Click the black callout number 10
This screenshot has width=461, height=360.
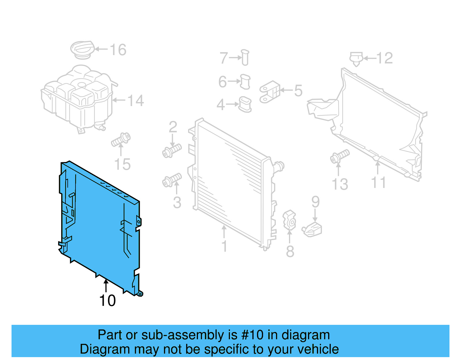pyautogui.click(x=107, y=301)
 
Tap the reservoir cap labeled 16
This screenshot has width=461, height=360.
pyautogui.click(x=83, y=50)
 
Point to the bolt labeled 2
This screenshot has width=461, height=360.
pyautogui.click(x=172, y=150)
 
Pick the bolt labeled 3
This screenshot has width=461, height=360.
pyautogui.click(x=172, y=180)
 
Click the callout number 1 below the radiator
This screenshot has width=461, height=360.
pyautogui.click(x=224, y=246)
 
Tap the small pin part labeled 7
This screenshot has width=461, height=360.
pyautogui.click(x=245, y=57)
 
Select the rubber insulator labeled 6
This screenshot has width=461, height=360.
pyautogui.click(x=245, y=82)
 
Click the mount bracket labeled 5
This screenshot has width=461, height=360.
pyautogui.click(x=270, y=92)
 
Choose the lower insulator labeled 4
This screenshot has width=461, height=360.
pyautogui.click(x=245, y=104)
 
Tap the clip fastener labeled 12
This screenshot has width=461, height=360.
pyautogui.click(x=356, y=59)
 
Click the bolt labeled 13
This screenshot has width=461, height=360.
pyautogui.click(x=340, y=156)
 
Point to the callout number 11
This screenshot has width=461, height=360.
pyautogui.click(x=378, y=182)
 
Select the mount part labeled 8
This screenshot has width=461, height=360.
pyautogui.click(x=289, y=220)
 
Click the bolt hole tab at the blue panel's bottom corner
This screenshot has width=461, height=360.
pyautogui.click(x=140, y=294)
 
